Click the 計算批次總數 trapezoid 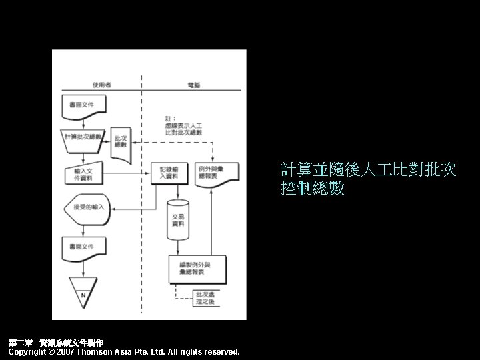click(84, 137)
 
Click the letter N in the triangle click(83, 294)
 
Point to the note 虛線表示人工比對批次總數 click(185, 125)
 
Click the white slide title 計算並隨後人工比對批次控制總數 click(369, 179)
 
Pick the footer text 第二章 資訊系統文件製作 click(56, 342)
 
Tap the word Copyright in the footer click(29, 351)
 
